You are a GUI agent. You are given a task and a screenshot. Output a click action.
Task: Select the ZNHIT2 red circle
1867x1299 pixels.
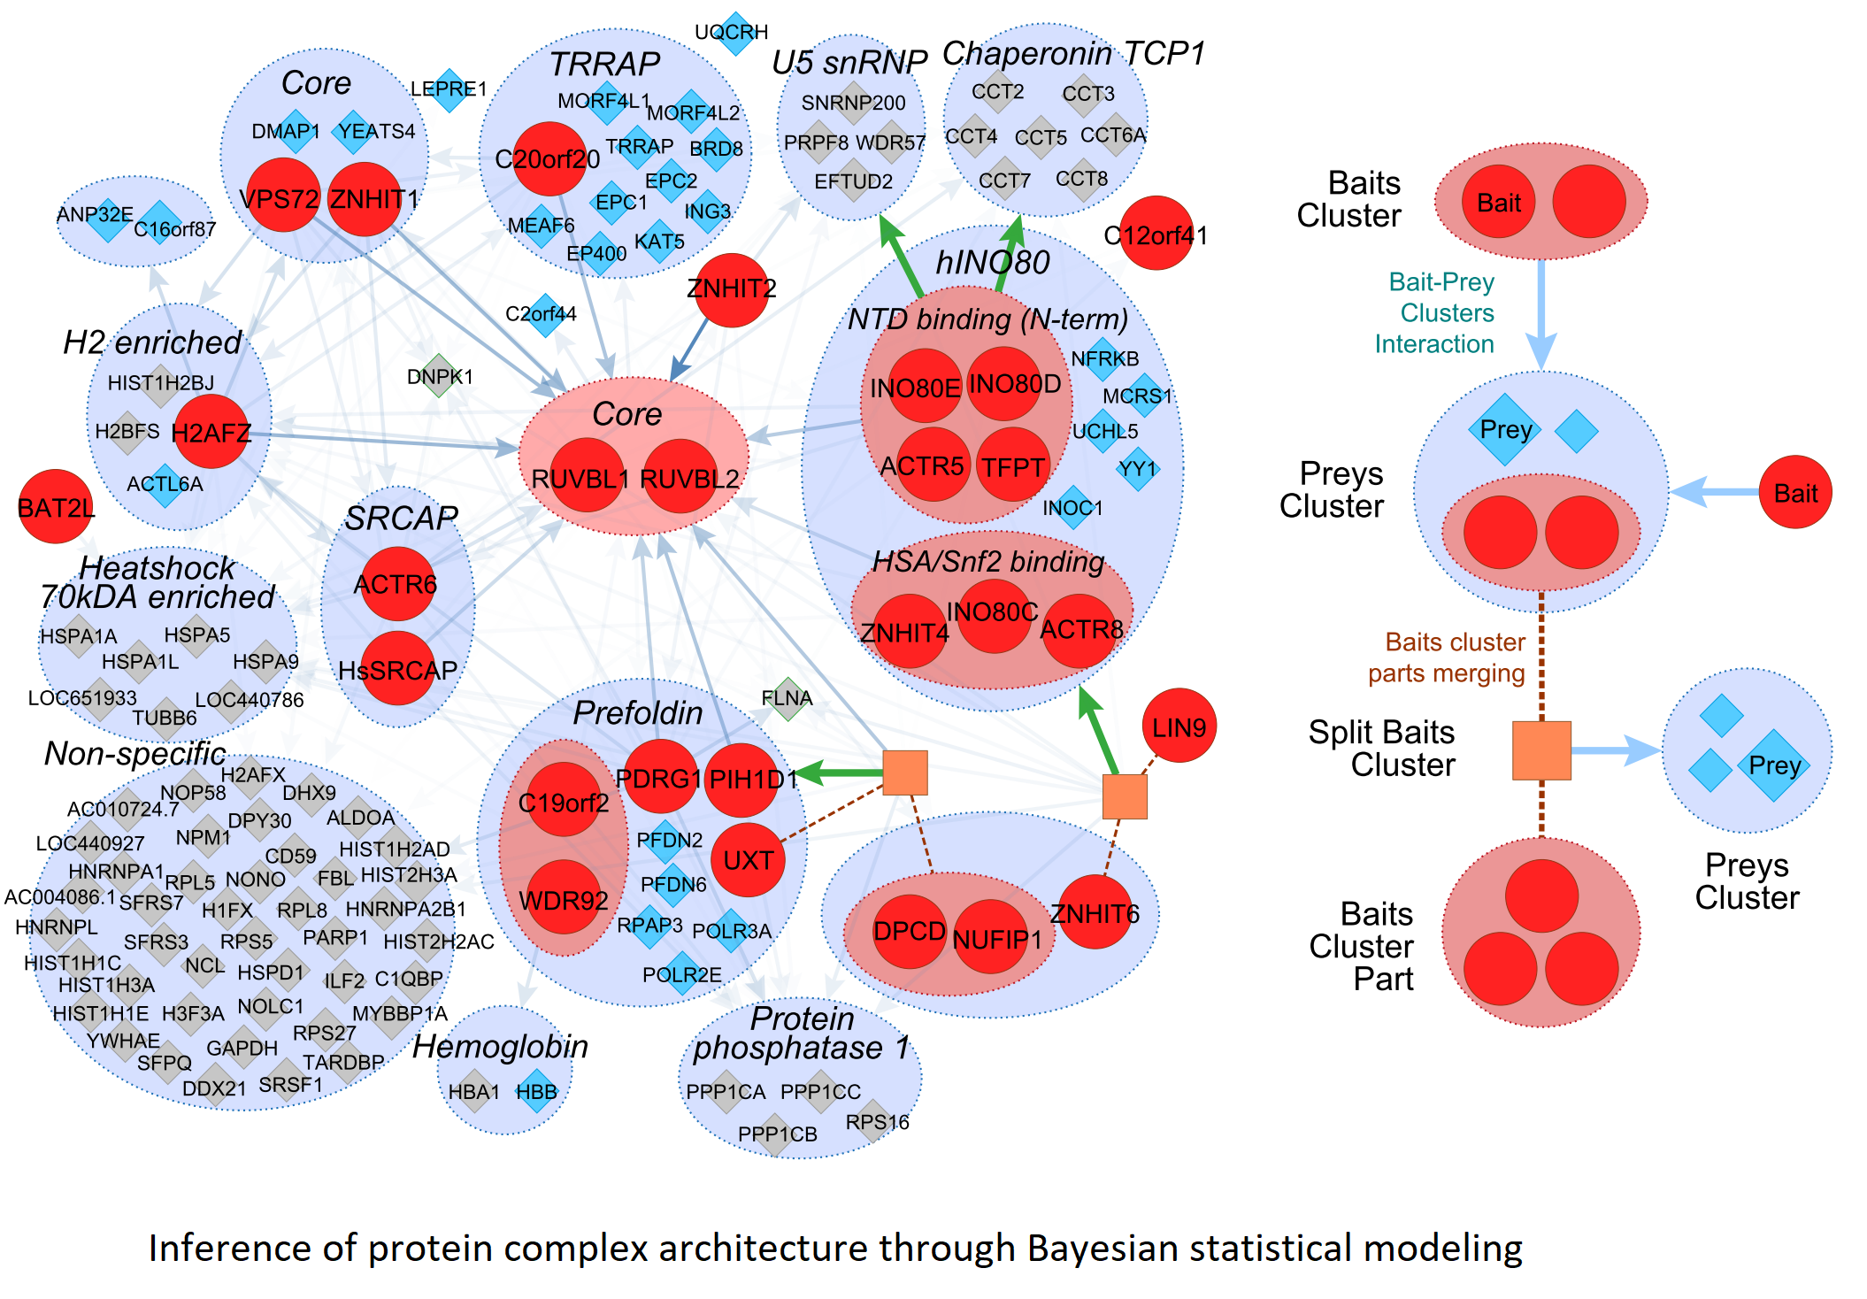[x=731, y=290]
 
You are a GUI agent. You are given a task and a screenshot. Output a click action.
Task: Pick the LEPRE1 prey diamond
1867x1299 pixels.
[x=449, y=90]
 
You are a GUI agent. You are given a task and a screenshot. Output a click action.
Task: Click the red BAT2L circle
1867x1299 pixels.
[x=56, y=506]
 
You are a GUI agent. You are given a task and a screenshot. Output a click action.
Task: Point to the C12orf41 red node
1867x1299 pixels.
[x=1156, y=234]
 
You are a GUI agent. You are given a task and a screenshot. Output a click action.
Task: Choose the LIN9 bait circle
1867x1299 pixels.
[x=1179, y=726]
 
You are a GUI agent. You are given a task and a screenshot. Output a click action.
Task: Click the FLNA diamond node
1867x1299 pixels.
[x=788, y=699]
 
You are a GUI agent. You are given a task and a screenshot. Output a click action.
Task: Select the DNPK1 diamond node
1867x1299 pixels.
[x=440, y=376]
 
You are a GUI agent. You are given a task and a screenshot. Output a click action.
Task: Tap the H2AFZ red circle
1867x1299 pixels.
[x=211, y=432]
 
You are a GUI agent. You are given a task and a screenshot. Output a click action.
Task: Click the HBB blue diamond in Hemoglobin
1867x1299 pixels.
[x=536, y=1091]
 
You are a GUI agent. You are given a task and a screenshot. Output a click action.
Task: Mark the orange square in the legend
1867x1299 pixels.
[x=1541, y=750]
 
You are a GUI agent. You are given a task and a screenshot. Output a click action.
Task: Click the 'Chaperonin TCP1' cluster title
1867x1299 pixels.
[x=1073, y=54]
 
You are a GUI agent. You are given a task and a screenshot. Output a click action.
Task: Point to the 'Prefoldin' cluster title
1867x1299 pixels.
[x=637, y=712]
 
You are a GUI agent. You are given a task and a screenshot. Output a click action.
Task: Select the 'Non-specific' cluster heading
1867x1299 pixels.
[x=135, y=753]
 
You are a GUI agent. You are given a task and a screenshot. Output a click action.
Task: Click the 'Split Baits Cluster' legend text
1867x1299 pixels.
[x=1382, y=749]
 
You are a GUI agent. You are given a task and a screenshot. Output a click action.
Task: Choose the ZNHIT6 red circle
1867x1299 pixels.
[x=1095, y=912]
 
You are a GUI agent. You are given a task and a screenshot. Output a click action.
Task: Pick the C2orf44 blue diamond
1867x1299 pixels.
[x=545, y=315]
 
